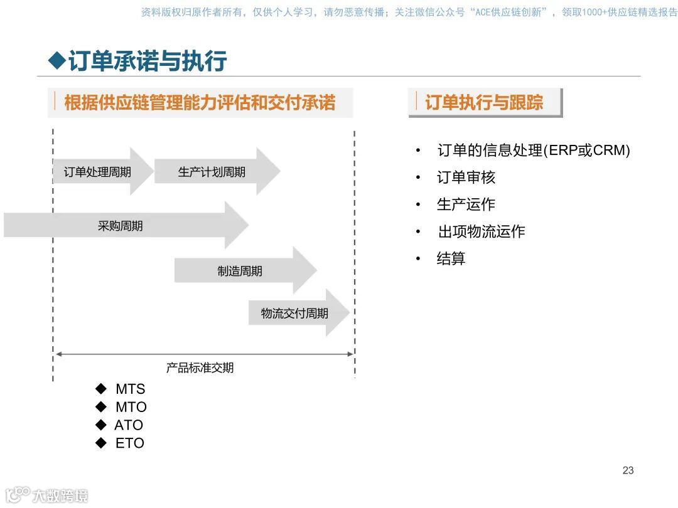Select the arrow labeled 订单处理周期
point(98,171)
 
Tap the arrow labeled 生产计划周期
point(212,171)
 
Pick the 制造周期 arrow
point(240,271)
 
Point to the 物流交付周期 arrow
point(294,313)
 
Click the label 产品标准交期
point(200,368)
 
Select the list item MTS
point(130,389)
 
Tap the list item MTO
point(131,407)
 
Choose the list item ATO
point(129,425)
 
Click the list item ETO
point(129,443)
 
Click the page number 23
point(628,470)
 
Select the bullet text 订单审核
point(466,178)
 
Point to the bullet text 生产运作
point(466,205)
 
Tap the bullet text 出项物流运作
point(481,231)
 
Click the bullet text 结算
point(451,258)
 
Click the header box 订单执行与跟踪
point(484,102)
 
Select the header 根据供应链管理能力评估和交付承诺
point(200,102)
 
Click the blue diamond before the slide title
point(57,61)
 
